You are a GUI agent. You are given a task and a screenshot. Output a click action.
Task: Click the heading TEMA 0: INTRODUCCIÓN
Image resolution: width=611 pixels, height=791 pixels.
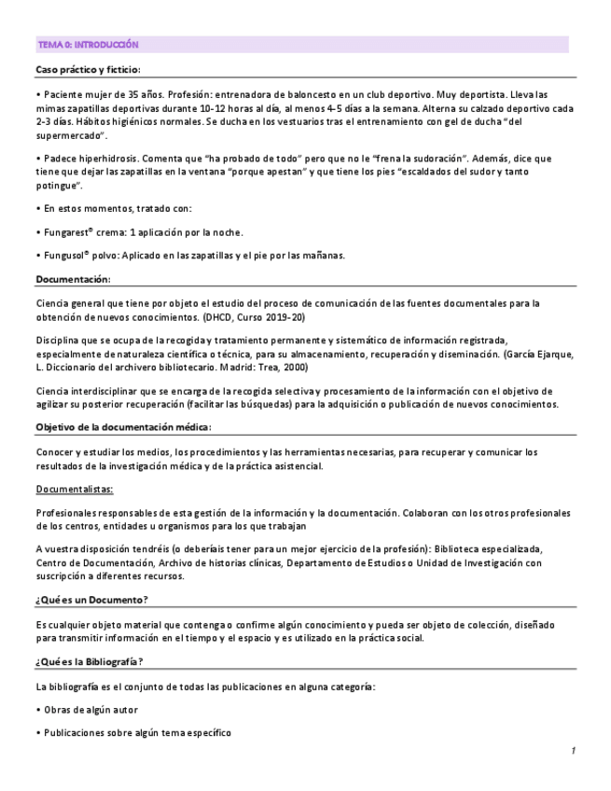click(x=88, y=44)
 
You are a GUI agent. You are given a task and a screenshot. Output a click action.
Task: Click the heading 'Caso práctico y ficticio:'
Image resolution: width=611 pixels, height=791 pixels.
click(x=88, y=69)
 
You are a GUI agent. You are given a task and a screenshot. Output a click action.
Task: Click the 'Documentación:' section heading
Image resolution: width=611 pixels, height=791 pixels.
click(x=74, y=279)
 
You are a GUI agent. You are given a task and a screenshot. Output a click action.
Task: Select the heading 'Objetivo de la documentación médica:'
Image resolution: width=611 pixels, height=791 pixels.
click(x=123, y=426)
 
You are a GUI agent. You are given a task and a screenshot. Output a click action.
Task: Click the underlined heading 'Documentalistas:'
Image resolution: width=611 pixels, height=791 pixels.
click(x=75, y=489)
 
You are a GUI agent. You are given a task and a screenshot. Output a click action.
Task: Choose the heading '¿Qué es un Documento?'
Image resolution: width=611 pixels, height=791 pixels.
click(x=92, y=599)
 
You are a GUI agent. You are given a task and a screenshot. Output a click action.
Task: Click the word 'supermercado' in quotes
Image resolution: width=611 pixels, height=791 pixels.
click(x=72, y=135)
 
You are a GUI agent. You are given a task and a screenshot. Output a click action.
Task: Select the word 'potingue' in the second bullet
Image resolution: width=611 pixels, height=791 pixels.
click(x=59, y=187)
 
